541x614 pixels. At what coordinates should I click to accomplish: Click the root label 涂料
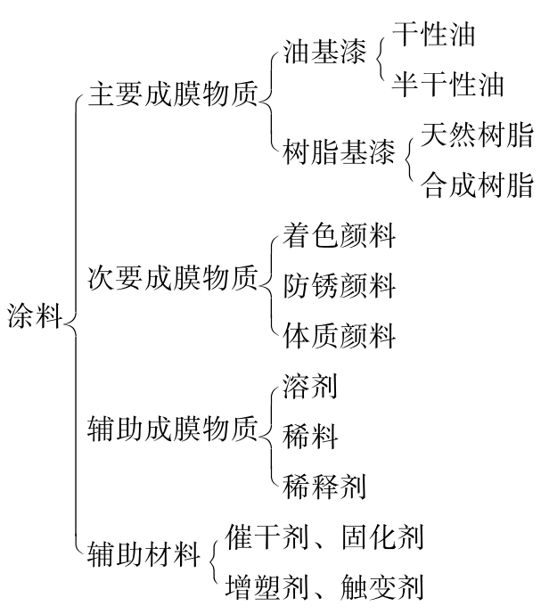pos(35,315)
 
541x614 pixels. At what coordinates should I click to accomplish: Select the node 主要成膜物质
pos(173,94)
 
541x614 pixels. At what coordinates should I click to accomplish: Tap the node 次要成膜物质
pos(173,278)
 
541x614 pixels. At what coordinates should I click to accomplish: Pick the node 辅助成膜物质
pos(173,428)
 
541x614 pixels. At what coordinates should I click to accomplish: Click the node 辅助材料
pos(144,553)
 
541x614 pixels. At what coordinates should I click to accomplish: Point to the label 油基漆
pos(324,52)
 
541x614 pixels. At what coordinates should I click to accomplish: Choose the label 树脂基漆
pos(339,151)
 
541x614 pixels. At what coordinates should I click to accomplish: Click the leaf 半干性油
pos(447,84)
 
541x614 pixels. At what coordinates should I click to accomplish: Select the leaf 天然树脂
pos(477,135)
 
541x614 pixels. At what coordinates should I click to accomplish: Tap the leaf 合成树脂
pos(477,184)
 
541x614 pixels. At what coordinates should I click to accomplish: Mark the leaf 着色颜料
pos(339,235)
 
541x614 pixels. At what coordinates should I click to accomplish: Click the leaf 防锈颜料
pos(339,285)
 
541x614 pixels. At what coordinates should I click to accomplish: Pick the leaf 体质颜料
pos(339,336)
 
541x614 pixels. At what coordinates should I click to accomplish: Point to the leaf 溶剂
pos(310,386)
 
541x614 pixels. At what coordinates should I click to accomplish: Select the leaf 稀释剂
pos(324,487)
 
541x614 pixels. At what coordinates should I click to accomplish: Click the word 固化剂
pos(382,536)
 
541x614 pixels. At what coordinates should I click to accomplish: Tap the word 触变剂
pos(382,587)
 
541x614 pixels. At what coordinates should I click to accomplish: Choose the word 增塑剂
pos(266,587)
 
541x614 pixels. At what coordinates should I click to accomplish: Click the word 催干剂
pos(266,536)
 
